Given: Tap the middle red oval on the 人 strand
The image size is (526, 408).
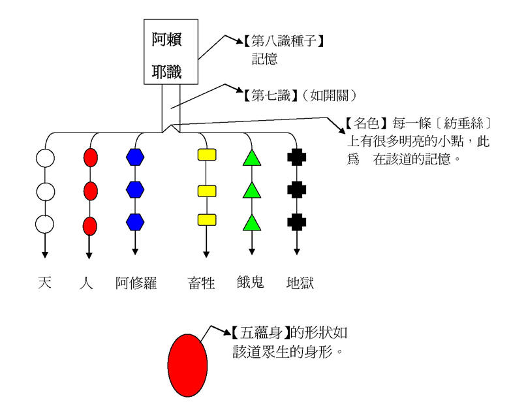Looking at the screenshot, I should coord(90,191).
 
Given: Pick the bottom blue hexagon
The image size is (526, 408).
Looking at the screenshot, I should coord(135,221).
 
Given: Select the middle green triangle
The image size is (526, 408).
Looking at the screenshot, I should coord(252,191).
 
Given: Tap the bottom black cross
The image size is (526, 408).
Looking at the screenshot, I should coord(297,221).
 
